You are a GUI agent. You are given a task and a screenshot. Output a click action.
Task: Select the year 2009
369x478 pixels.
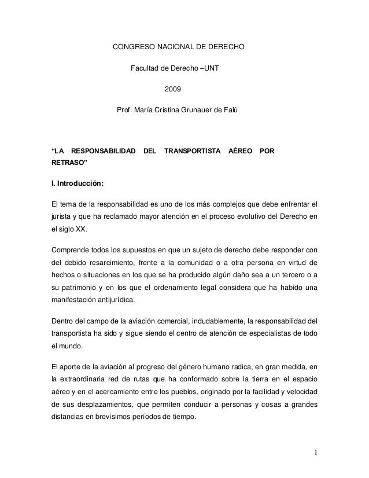(x=173, y=90)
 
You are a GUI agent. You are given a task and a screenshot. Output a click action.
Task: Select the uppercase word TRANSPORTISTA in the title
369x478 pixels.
(x=193, y=152)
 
